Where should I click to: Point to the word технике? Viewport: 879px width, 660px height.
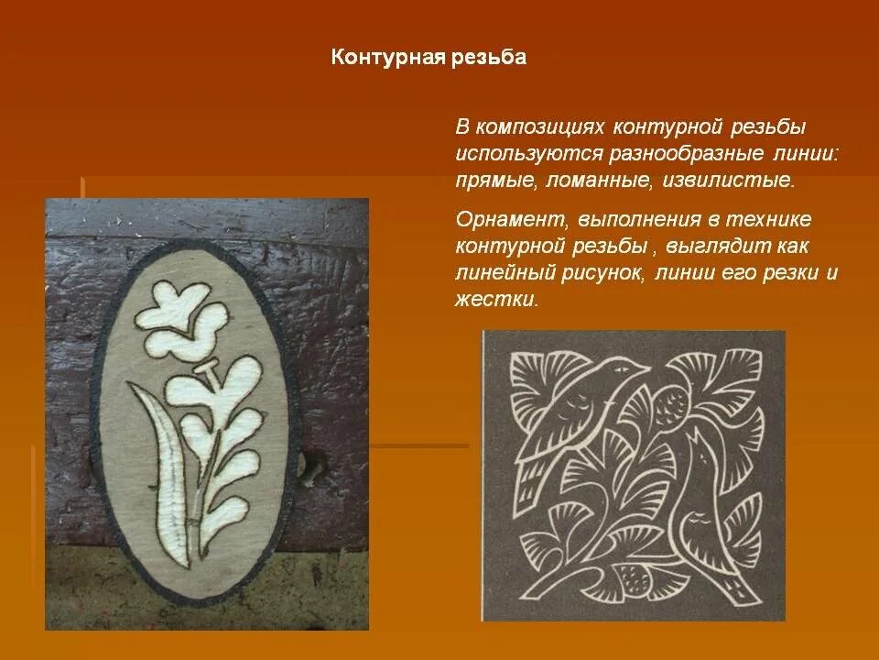tap(769, 220)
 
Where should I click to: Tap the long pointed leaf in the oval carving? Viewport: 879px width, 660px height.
tap(170, 458)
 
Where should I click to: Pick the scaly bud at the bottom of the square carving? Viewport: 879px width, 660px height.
tap(633, 578)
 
